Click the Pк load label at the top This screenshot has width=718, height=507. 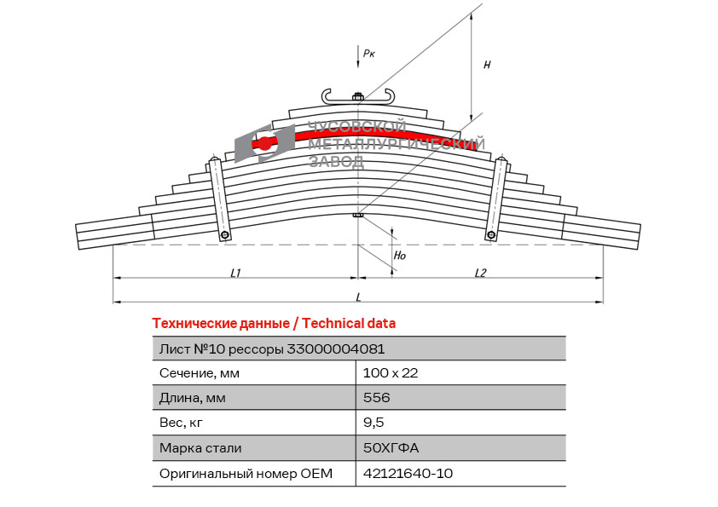[369, 54]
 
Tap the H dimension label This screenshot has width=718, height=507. [487, 65]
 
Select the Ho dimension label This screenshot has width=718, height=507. [400, 256]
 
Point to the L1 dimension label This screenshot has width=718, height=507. [235, 274]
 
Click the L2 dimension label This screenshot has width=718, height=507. [480, 274]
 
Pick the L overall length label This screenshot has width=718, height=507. [358, 297]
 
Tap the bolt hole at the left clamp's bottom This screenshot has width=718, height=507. [225, 235]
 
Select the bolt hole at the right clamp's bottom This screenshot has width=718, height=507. [491, 234]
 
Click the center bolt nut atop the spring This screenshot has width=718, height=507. [358, 96]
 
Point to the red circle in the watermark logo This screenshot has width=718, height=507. [263, 144]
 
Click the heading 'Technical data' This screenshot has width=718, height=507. [349, 324]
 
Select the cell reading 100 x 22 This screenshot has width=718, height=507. [391, 373]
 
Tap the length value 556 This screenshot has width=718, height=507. [376, 397]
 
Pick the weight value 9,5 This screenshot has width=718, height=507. [373, 423]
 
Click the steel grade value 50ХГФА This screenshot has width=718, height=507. [391, 447]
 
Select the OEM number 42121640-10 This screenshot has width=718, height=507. [408, 473]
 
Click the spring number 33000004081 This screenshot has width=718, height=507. [336, 349]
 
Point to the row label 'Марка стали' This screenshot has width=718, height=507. [200, 447]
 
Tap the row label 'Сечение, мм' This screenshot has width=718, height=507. [200, 373]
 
